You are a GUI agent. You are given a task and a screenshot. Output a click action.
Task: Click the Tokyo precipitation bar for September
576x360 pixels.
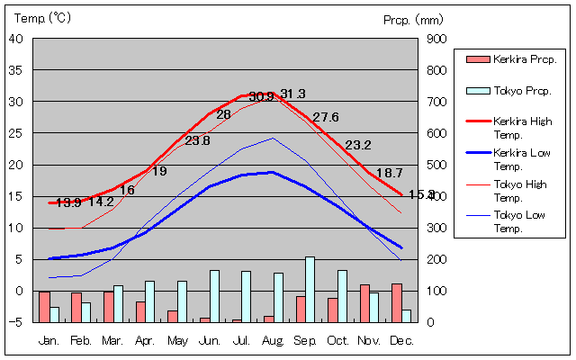310,289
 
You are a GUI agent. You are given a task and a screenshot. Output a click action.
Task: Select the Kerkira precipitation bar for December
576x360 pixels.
396,302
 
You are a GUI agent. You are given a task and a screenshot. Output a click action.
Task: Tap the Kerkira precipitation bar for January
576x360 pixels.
44,306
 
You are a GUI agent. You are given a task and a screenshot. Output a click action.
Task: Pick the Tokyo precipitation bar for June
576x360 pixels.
214,296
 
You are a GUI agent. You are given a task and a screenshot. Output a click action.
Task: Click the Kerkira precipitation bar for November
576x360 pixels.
364,303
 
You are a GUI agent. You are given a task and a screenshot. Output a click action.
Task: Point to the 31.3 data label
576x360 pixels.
292,94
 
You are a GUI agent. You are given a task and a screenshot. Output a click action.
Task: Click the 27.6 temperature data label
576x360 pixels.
326,117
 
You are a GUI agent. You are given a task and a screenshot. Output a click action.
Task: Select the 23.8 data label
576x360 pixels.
197,140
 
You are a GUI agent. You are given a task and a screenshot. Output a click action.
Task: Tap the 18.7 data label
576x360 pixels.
389,173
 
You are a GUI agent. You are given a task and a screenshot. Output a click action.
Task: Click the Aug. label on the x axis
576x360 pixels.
274,341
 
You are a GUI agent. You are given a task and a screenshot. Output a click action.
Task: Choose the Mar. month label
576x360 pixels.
112,341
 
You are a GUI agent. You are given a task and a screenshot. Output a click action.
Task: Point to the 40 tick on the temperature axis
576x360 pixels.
17,39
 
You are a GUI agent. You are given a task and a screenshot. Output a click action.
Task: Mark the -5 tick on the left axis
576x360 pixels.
19,322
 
